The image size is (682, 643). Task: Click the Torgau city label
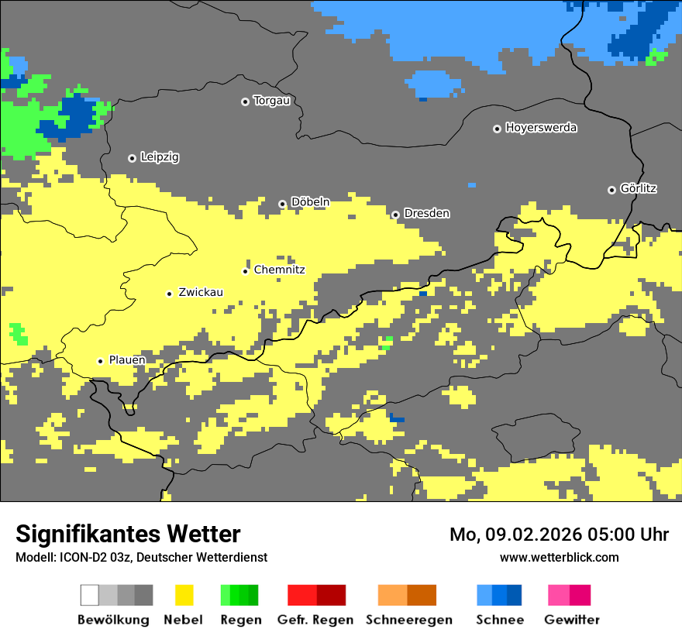[271, 101]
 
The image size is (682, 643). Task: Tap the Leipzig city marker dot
[132, 158]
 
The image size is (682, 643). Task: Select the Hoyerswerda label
[541, 128]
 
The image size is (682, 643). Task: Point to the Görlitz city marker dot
[611, 190]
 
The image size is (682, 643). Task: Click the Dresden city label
[426, 214]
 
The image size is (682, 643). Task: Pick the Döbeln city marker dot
[282, 204]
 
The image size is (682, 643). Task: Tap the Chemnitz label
[279, 270]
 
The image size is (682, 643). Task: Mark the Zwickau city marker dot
[169, 294]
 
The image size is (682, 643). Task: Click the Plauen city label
[127, 361]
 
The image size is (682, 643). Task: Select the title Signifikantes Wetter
[128, 535]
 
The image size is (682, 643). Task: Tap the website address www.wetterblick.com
[559, 558]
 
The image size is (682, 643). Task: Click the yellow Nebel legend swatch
[184, 595]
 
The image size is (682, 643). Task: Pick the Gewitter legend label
[571, 620]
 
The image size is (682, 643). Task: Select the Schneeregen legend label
[408, 620]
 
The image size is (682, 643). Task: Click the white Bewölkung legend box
[90, 595]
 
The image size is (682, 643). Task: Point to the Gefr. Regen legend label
[315, 620]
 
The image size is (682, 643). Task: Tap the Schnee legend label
[499, 620]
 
